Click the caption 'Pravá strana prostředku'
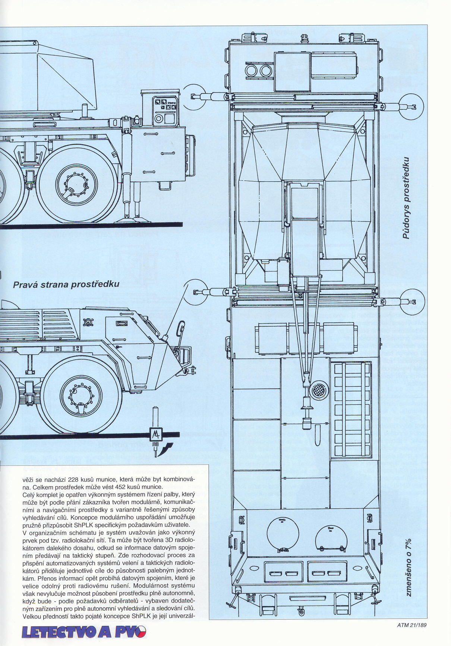click(66, 284)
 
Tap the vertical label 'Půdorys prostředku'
click(406, 198)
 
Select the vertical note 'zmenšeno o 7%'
click(409, 567)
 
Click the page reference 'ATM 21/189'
click(411, 625)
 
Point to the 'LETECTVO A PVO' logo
click(84, 632)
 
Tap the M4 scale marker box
click(155, 434)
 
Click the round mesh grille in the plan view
click(319, 390)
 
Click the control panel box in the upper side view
click(166, 111)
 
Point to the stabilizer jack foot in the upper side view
click(132, 217)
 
